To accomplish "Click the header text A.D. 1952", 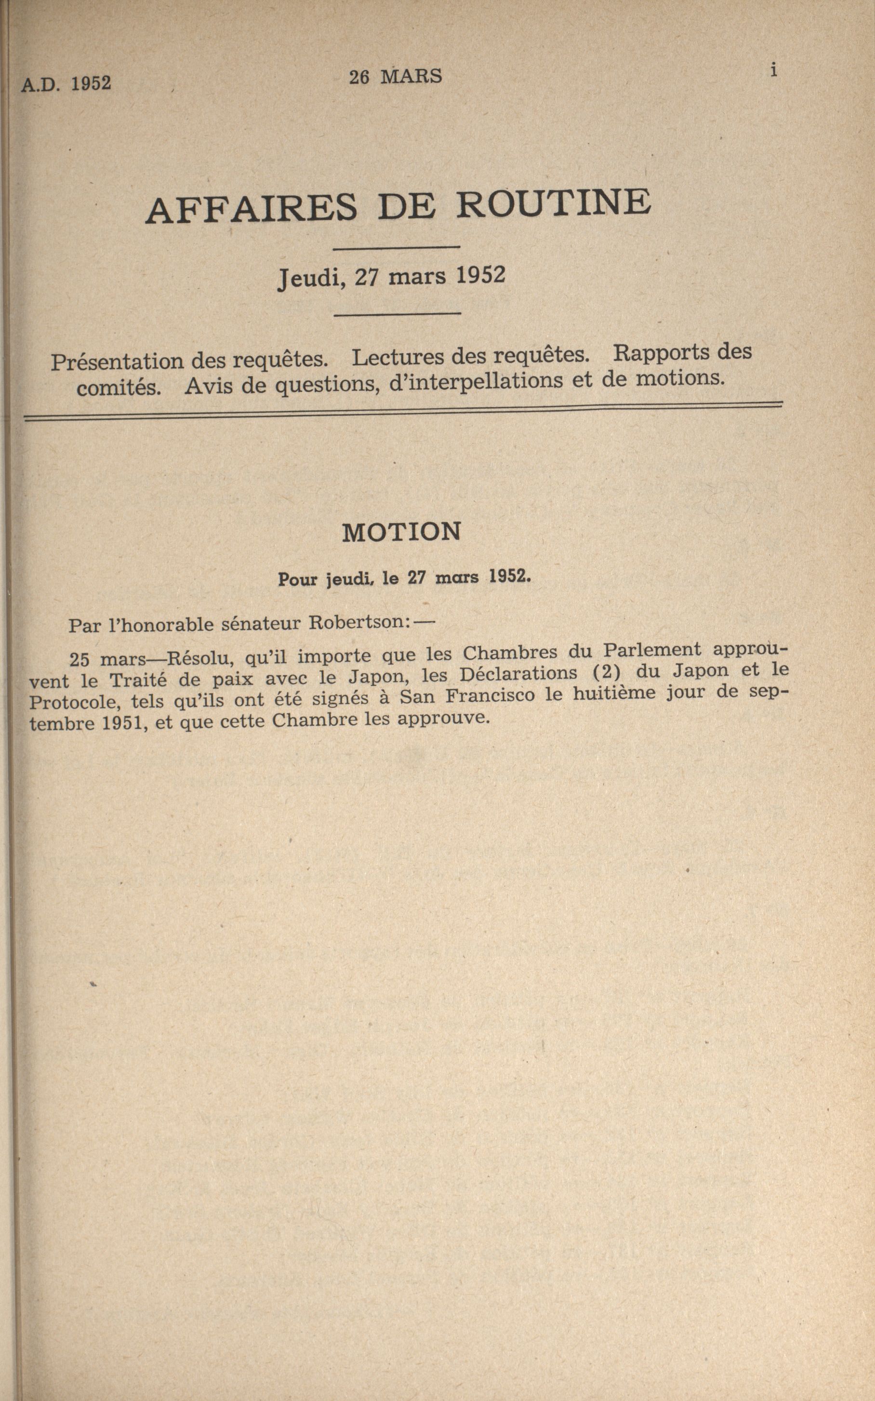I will tap(66, 84).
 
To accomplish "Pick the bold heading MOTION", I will tap(402, 532).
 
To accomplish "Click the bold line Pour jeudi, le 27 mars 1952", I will tap(404, 579).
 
